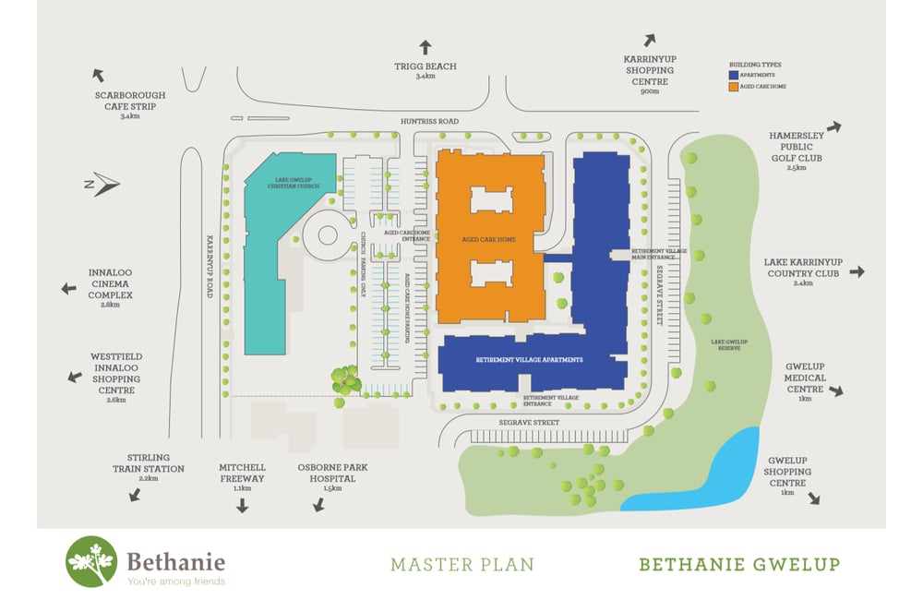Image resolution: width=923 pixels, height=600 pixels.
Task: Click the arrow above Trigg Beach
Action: tap(425, 47)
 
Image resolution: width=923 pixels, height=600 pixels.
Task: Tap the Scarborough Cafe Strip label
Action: tap(129, 101)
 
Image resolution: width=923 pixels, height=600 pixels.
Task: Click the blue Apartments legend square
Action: tap(733, 74)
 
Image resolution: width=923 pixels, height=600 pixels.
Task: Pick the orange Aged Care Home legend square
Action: tap(733, 86)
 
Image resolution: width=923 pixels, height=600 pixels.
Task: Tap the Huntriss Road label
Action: tap(429, 122)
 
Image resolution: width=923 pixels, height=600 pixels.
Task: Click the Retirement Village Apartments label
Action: tap(529, 359)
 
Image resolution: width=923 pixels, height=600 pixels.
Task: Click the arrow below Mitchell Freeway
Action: tap(242, 505)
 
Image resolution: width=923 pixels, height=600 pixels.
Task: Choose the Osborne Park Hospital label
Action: tap(332, 473)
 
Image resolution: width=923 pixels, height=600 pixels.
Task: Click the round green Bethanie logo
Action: tap(91, 561)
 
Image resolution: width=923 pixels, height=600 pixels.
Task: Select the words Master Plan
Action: tap(461, 563)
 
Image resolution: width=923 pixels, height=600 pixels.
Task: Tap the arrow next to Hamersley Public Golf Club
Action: tap(834, 126)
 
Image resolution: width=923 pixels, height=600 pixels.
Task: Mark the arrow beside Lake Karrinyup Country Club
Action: tap(857, 271)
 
